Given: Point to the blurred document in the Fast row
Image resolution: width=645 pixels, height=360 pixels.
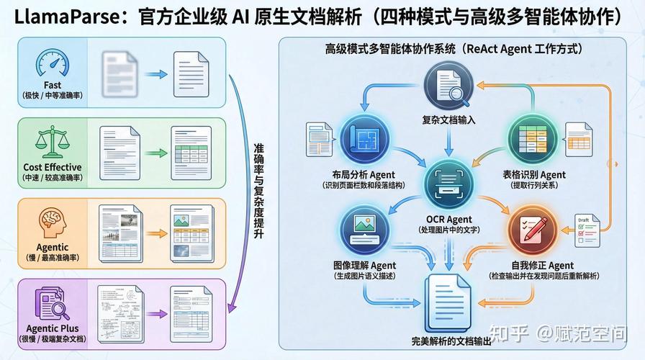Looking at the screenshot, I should coord(117,73).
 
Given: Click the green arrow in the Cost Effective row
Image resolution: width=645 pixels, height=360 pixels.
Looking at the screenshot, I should coord(152,153).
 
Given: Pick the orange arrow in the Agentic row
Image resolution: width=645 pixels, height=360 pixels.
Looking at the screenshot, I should coord(152,230).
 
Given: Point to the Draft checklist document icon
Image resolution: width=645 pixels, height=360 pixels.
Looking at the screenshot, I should coord(587,228).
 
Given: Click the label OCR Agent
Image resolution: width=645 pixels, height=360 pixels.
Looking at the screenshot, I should coord(448,219).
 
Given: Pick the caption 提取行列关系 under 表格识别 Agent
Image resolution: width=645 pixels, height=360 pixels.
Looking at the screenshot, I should coord(533,186).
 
